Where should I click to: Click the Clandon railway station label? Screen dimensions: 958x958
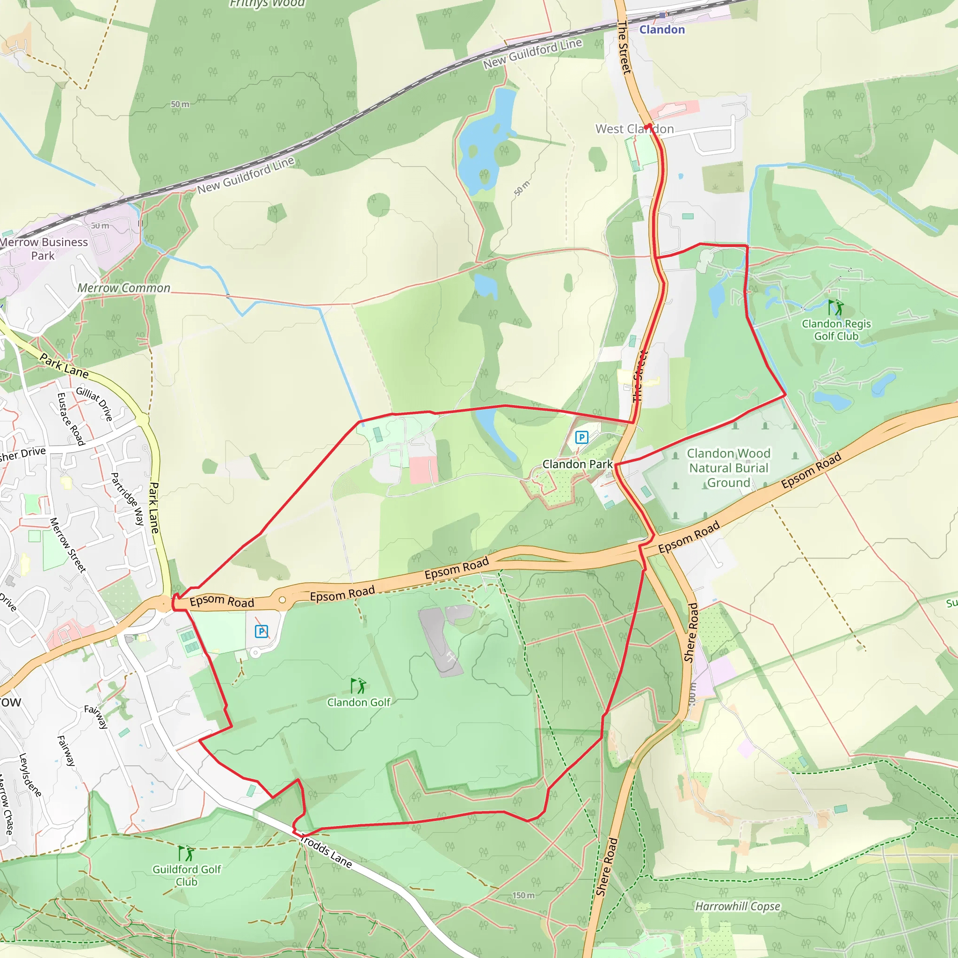point(661,30)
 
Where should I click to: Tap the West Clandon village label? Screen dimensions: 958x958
point(634,129)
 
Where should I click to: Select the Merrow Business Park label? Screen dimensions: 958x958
point(44,249)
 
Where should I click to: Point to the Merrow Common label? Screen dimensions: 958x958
point(123,288)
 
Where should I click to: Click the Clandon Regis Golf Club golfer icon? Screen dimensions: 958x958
point(835,307)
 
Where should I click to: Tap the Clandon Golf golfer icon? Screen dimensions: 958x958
point(358,686)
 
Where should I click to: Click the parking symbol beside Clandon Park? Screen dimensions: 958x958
point(581,437)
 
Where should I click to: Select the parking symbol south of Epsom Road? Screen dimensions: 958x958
point(261,631)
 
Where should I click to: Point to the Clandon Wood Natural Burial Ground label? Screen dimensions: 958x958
point(728,468)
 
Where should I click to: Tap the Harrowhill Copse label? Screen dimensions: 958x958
point(737,907)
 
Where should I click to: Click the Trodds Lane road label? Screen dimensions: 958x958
point(326,852)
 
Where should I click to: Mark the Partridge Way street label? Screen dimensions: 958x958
point(127,499)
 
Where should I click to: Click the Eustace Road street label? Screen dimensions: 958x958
point(71,419)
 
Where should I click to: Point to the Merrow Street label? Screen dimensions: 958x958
point(68,545)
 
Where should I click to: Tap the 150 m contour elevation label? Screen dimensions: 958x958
point(523,895)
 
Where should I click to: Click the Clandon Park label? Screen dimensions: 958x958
point(578,464)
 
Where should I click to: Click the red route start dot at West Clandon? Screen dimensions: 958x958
point(647,126)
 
